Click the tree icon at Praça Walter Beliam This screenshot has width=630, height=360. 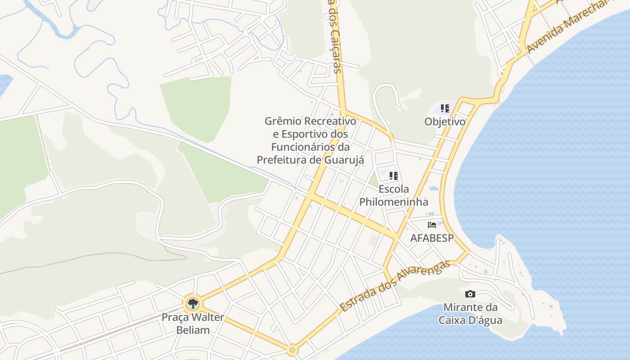coord(193,303)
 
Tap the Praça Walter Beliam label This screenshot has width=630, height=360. coord(192,324)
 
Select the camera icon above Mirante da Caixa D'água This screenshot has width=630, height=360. coord(470,294)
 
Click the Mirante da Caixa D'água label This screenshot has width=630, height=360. coord(470,314)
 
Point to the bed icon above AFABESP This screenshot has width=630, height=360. coord(432,225)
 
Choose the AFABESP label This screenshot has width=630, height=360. coord(432,238)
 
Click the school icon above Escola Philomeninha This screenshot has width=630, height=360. coord(394,176)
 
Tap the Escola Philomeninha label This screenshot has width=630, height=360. coord(394,195)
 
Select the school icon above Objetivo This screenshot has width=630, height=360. coord(445,108)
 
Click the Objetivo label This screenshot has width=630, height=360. coord(445,121)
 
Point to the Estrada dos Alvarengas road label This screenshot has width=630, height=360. coord(395,286)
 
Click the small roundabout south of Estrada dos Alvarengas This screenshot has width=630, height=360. coord(292,350)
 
